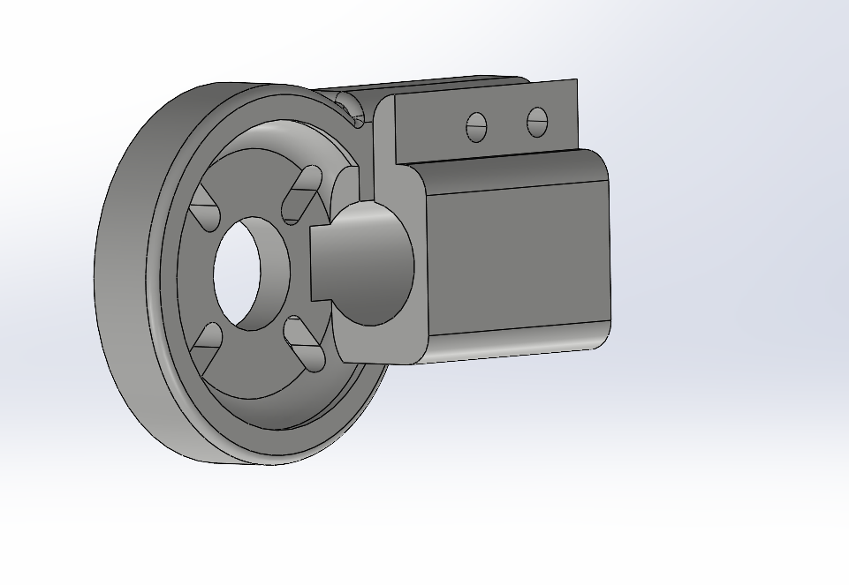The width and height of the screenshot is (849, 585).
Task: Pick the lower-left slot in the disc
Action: click(x=206, y=345)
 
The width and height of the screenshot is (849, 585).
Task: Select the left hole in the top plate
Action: click(x=476, y=127)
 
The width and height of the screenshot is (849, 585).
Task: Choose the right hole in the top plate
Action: click(x=537, y=122)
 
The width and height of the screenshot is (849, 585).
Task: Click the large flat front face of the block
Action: click(x=518, y=259)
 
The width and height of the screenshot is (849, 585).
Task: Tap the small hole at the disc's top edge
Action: click(x=349, y=105)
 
